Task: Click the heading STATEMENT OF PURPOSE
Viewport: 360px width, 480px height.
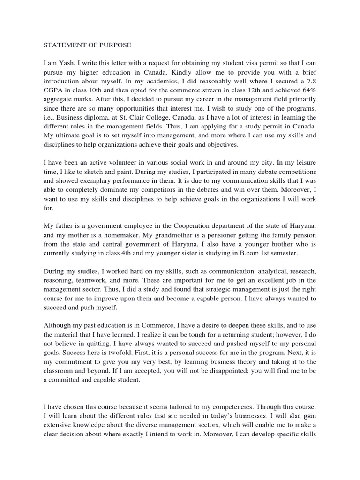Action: [88, 45]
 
